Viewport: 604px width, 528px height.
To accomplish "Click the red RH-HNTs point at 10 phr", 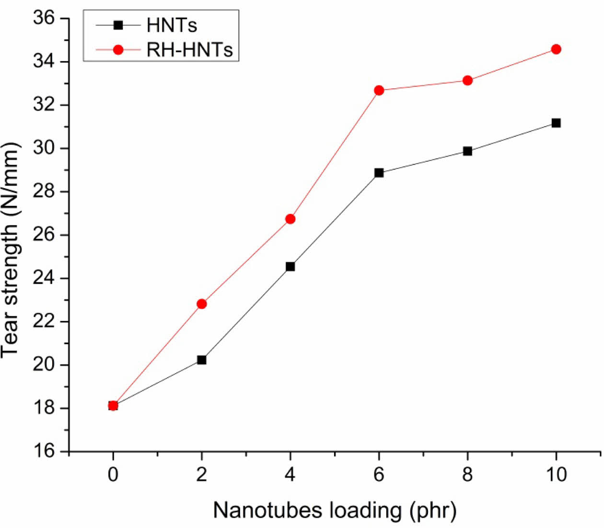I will [556, 49].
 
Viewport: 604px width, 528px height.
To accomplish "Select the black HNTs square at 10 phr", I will [556, 123].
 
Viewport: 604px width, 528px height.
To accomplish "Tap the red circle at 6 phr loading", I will [379, 90].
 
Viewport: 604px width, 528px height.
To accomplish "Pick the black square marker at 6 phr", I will [379, 173].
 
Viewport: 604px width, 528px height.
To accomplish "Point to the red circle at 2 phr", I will [201, 304].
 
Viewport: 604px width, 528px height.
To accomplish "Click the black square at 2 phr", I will [201, 360].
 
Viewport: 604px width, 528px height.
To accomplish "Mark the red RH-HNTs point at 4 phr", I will [290, 219].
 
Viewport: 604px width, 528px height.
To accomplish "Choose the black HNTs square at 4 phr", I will [290, 266].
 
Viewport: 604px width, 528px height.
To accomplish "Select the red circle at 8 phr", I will [467, 81].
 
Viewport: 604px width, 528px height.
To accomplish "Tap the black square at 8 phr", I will [467, 151].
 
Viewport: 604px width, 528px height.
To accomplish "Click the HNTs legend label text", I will [172, 25].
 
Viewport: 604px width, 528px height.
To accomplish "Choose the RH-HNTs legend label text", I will [190, 49].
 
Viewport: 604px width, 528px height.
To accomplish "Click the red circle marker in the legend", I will [118, 49].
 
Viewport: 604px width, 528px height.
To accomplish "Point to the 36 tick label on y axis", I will [46, 19].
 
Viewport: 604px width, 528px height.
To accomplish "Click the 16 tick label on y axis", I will [46, 452].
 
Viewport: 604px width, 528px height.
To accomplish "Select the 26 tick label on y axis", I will [46, 235].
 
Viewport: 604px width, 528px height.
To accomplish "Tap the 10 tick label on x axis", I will [556, 475].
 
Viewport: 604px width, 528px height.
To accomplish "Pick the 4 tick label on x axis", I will [290, 475].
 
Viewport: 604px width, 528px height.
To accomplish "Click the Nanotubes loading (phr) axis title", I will [334, 510].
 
